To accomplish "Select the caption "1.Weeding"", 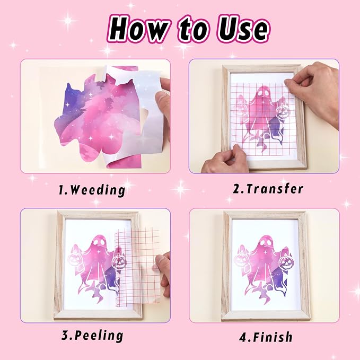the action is (92, 190).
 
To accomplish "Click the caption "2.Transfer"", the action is (268, 189).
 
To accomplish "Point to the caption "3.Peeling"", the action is (92, 336).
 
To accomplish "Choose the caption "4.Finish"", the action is (266, 337).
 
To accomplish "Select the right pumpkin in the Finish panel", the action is (285, 261).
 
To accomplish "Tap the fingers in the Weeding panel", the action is (163, 101).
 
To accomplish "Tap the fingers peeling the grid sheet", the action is (163, 271).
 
